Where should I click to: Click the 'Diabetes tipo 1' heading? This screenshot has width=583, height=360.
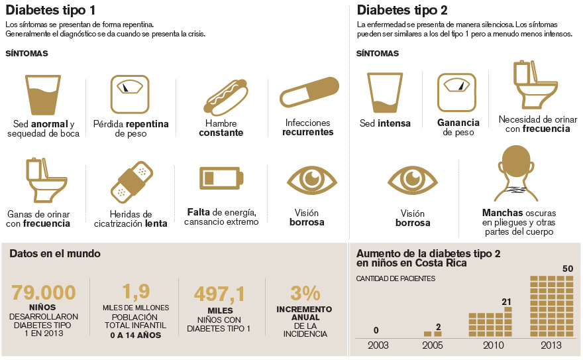50,10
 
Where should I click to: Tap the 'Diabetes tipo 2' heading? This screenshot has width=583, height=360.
402,10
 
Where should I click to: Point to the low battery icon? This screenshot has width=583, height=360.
221,178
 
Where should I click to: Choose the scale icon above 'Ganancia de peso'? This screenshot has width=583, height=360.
458,91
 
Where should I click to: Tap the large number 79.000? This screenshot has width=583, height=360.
44,292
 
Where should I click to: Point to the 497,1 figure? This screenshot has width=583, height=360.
220,294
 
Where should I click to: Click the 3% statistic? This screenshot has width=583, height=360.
305,293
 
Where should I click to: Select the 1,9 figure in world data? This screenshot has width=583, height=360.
136,292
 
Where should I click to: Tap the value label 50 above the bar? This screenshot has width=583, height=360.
567,269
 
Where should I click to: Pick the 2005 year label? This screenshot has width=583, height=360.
433,345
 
